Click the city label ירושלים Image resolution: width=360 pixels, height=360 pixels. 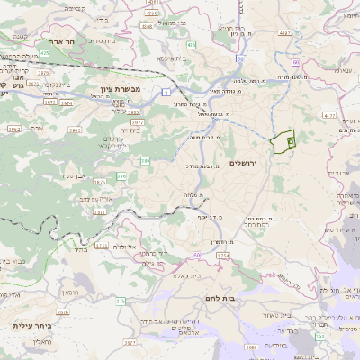coord(244,163)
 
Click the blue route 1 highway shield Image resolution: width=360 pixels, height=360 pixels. coord(167,92)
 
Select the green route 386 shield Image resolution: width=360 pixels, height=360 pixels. coord(146,161)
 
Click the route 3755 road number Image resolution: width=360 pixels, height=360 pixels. coord(101,245)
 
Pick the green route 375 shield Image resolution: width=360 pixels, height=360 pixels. coord(121,301)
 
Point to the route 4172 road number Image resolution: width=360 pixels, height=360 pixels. coord(328,115)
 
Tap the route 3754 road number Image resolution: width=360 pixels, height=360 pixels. coord(221,256)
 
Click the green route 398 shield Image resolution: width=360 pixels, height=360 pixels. coord(318,336)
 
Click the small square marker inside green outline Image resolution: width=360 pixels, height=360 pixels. coord(290,141)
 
